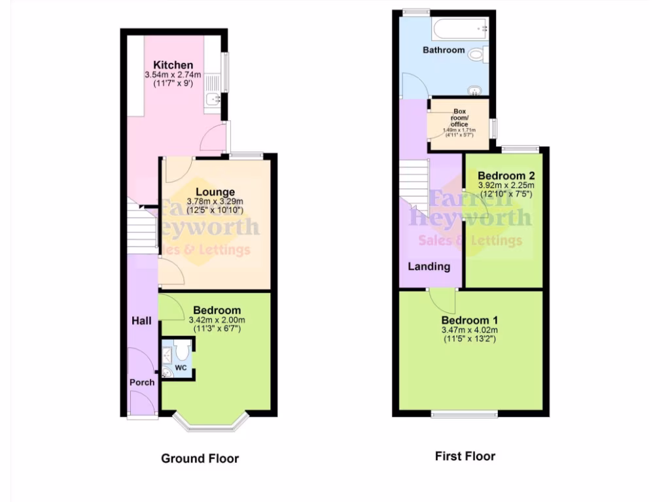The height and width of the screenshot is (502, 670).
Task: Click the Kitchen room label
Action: pyautogui.click(x=173, y=65)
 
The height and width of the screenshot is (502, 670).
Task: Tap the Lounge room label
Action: pyautogui.click(x=215, y=192)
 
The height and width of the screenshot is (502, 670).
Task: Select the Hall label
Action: pyautogui.click(x=142, y=320)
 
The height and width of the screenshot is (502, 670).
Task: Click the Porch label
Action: pyautogui.click(x=142, y=382)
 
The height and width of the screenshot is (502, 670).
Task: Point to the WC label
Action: pyautogui.click(x=181, y=368)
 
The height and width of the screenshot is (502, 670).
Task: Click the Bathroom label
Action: pyautogui.click(x=444, y=50)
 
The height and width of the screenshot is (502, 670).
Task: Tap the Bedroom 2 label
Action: pyautogui.click(x=506, y=176)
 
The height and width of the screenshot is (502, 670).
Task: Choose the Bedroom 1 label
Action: pyautogui.click(x=470, y=320)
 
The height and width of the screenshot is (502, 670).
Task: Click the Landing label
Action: pyautogui.click(x=429, y=267)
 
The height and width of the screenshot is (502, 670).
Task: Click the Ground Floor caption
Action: pyautogui.click(x=200, y=459)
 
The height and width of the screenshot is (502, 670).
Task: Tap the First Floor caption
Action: pyautogui.click(x=465, y=456)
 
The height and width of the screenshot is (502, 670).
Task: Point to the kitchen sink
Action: pyautogui.click(x=213, y=100)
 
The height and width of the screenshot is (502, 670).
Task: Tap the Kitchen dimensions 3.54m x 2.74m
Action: pyautogui.click(x=173, y=76)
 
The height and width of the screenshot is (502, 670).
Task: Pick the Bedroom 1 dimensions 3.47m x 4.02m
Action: pyautogui.click(x=470, y=331)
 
